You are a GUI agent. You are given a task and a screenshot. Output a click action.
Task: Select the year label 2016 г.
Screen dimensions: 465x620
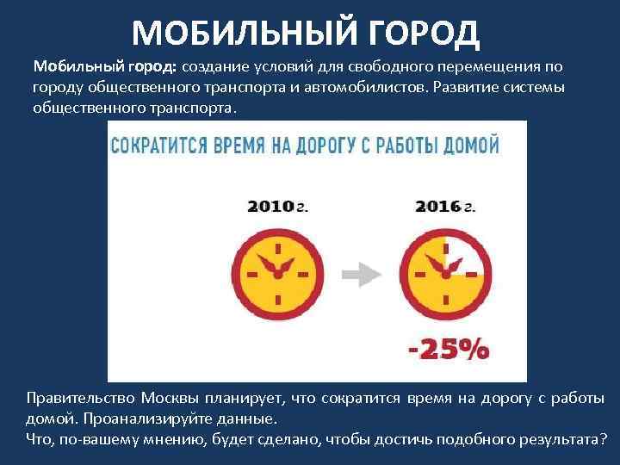point(444,207)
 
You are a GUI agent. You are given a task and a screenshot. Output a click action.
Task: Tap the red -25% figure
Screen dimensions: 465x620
point(447,349)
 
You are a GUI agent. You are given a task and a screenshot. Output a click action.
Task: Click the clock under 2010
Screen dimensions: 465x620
point(277,273)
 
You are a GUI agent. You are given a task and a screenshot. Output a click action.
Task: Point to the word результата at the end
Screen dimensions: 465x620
point(555,438)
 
